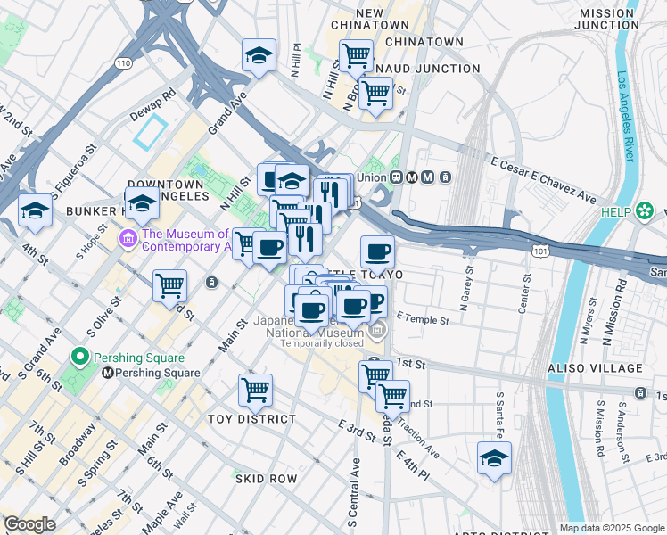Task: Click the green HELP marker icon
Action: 645,211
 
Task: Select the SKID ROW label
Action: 266,479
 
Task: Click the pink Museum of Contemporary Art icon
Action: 127,238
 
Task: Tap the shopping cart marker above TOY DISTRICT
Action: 255,389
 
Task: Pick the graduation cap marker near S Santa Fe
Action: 494,457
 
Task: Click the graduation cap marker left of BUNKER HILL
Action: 35,210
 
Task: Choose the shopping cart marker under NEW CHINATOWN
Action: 356,55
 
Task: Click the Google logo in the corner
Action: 29,524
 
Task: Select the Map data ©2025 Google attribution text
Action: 611,528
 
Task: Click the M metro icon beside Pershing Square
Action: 107,373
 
